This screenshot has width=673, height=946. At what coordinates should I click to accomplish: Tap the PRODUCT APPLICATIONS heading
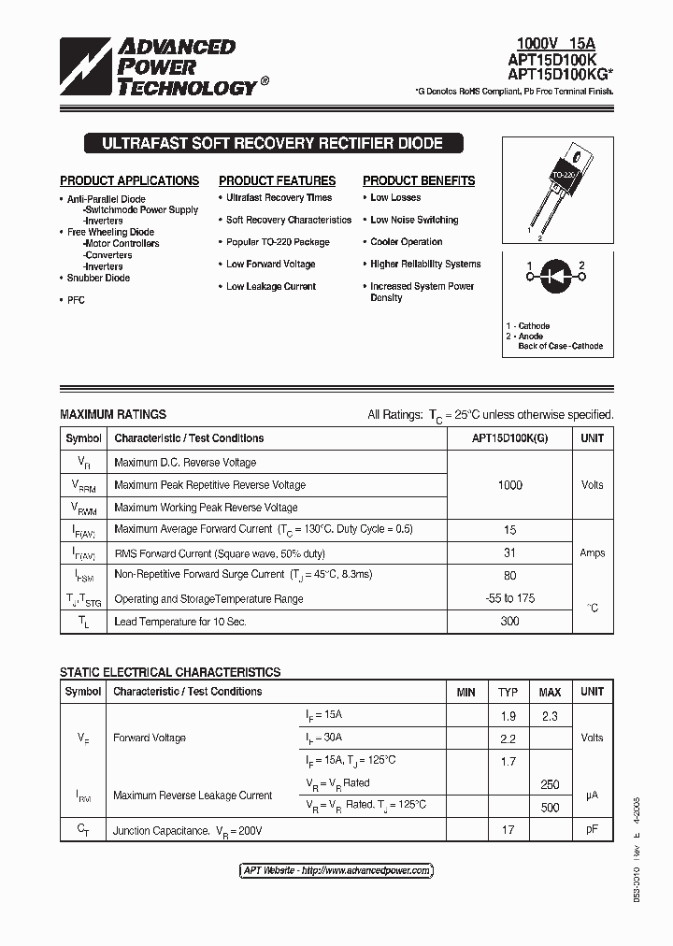129,180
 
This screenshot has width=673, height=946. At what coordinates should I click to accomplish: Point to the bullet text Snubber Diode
98,278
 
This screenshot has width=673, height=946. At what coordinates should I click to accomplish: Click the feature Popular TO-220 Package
278,242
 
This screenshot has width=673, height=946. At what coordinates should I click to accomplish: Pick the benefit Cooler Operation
406,242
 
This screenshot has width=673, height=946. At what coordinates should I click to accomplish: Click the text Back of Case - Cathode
560,346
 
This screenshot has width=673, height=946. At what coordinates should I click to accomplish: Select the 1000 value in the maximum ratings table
509,485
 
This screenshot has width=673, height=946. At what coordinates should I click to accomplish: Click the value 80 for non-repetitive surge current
509,576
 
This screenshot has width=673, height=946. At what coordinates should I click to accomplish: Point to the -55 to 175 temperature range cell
509,598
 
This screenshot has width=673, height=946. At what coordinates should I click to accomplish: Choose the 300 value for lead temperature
509,621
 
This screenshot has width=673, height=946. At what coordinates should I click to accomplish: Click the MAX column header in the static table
550,693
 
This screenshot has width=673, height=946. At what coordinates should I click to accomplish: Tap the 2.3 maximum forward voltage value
550,716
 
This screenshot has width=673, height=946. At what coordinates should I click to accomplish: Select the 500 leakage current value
550,807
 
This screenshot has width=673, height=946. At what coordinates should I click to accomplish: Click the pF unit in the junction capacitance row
592,829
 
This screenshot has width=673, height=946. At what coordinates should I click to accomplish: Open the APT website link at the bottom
336,870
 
